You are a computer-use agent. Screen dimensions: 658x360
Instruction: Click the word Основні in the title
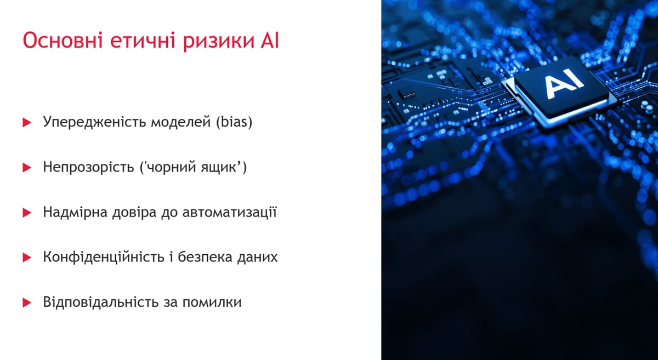click(63, 40)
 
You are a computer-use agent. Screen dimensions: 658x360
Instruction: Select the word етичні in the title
click(143, 40)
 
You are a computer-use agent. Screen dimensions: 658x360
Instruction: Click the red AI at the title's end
click(270, 40)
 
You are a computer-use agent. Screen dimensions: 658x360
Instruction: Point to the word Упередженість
click(94, 122)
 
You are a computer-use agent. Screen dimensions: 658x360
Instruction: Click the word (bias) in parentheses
click(234, 122)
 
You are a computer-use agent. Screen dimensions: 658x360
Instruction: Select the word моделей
click(180, 122)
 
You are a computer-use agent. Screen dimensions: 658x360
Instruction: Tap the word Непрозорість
click(88, 167)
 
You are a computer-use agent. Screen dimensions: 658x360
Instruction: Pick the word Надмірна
click(75, 212)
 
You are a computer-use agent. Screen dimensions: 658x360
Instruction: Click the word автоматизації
click(229, 212)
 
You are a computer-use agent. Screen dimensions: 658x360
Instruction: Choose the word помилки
click(212, 302)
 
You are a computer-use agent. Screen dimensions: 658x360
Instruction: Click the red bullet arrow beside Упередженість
click(27, 122)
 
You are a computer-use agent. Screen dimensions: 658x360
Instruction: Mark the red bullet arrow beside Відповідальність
click(27, 302)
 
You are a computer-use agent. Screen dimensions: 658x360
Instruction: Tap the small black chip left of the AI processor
click(407, 94)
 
